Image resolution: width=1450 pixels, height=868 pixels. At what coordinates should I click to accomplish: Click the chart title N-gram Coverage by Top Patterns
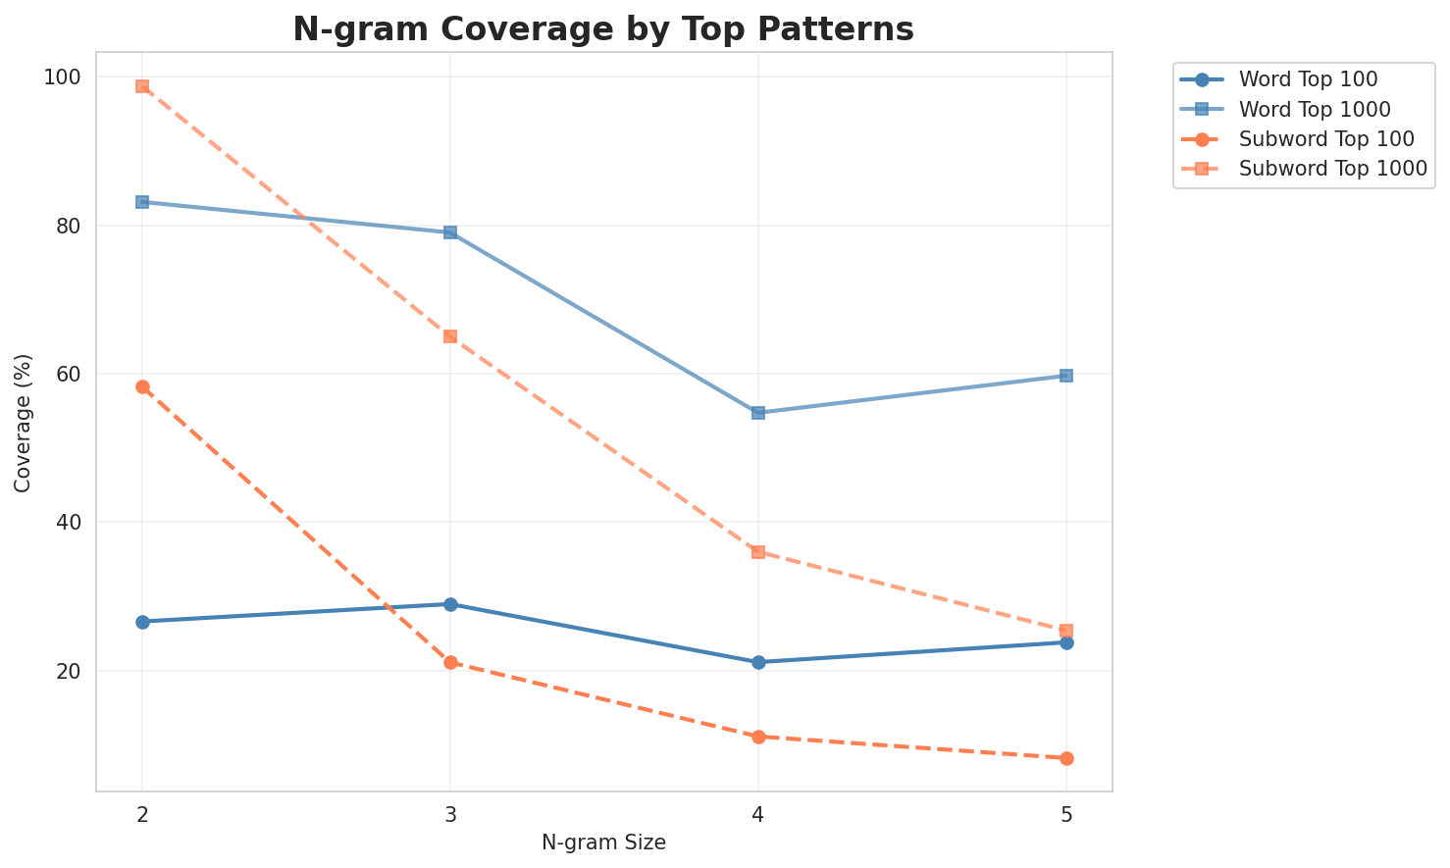tap(603, 29)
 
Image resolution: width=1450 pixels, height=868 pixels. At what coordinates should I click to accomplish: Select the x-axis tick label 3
tap(450, 814)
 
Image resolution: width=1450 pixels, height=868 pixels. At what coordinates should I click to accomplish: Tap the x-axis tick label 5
tap(1066, 814)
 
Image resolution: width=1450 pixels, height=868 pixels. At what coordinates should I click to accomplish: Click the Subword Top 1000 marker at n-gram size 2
tap(142, 86)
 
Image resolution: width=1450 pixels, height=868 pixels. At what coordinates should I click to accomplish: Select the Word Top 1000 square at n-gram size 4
tap(758, 413)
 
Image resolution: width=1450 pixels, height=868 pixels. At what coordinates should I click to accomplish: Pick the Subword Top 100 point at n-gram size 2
tap(142, 387)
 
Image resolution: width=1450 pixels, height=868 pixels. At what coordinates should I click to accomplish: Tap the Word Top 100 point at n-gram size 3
tap(450, 604)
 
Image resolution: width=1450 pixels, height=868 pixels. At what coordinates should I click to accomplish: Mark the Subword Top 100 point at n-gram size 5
tap(1066, 758)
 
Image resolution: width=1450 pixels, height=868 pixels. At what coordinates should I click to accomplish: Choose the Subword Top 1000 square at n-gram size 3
tap(450, 336)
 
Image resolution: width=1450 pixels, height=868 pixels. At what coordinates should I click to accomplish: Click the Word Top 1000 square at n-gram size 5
tap(1066, 376)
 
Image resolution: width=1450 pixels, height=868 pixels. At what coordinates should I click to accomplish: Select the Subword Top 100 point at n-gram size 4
tap(758, 737)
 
